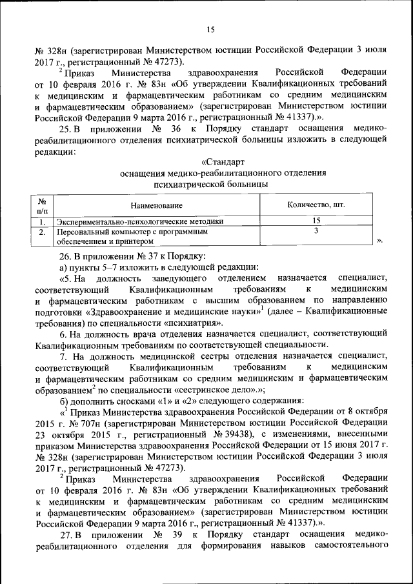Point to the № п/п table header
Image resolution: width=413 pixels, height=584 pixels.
(x=41, y=205)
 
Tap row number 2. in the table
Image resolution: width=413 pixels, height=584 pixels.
(x=41, y=231)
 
